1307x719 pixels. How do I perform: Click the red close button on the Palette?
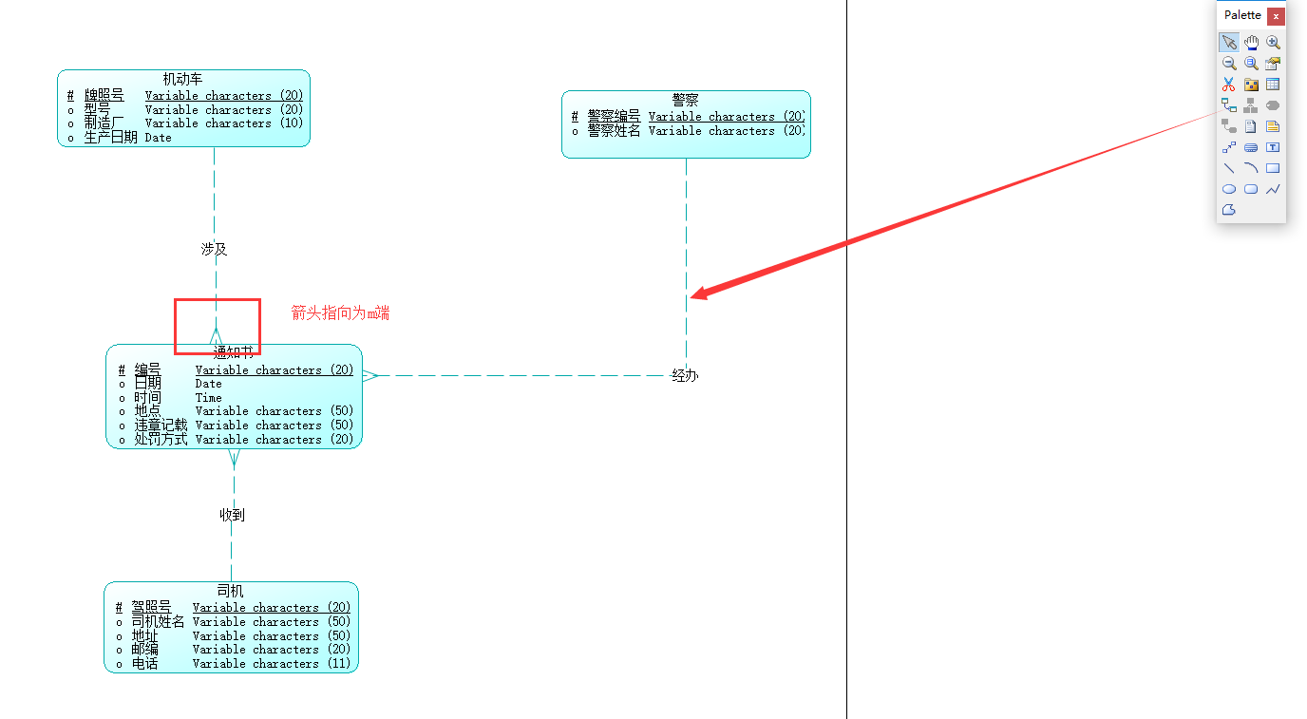[x=1276, y=16]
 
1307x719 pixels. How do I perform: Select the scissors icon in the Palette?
[x=1229, y=85]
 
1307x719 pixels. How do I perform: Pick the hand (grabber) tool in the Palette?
[x=1251, y=43]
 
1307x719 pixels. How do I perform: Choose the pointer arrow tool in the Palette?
[x=1229, y=43]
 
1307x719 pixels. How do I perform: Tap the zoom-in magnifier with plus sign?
[x=1273, y=43]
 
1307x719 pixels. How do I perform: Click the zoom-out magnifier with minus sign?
[x=1229, y=64]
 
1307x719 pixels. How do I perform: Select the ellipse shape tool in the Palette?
[x=1229, y=189]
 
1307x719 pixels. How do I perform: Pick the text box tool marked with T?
[x=1273, y=147]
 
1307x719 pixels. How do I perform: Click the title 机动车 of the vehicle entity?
[x=182, y=79]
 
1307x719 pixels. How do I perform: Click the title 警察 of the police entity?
[x=685, y=100]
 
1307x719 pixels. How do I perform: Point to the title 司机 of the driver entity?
[x=230, y=591]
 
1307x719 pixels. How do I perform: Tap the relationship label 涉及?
[x=214, y=249]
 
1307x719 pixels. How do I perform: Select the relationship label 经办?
[x=685, y=375]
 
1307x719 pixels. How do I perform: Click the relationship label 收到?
[x=233, y=515]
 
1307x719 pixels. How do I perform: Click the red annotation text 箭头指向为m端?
[x=340, y=312]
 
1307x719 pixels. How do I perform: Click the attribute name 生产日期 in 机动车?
[x=110, y=138]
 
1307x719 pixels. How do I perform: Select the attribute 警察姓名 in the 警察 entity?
[x=614, y=131]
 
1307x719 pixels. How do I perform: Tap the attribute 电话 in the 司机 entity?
[x=144, y=664]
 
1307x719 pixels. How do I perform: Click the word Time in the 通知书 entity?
[x=208, y=398]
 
